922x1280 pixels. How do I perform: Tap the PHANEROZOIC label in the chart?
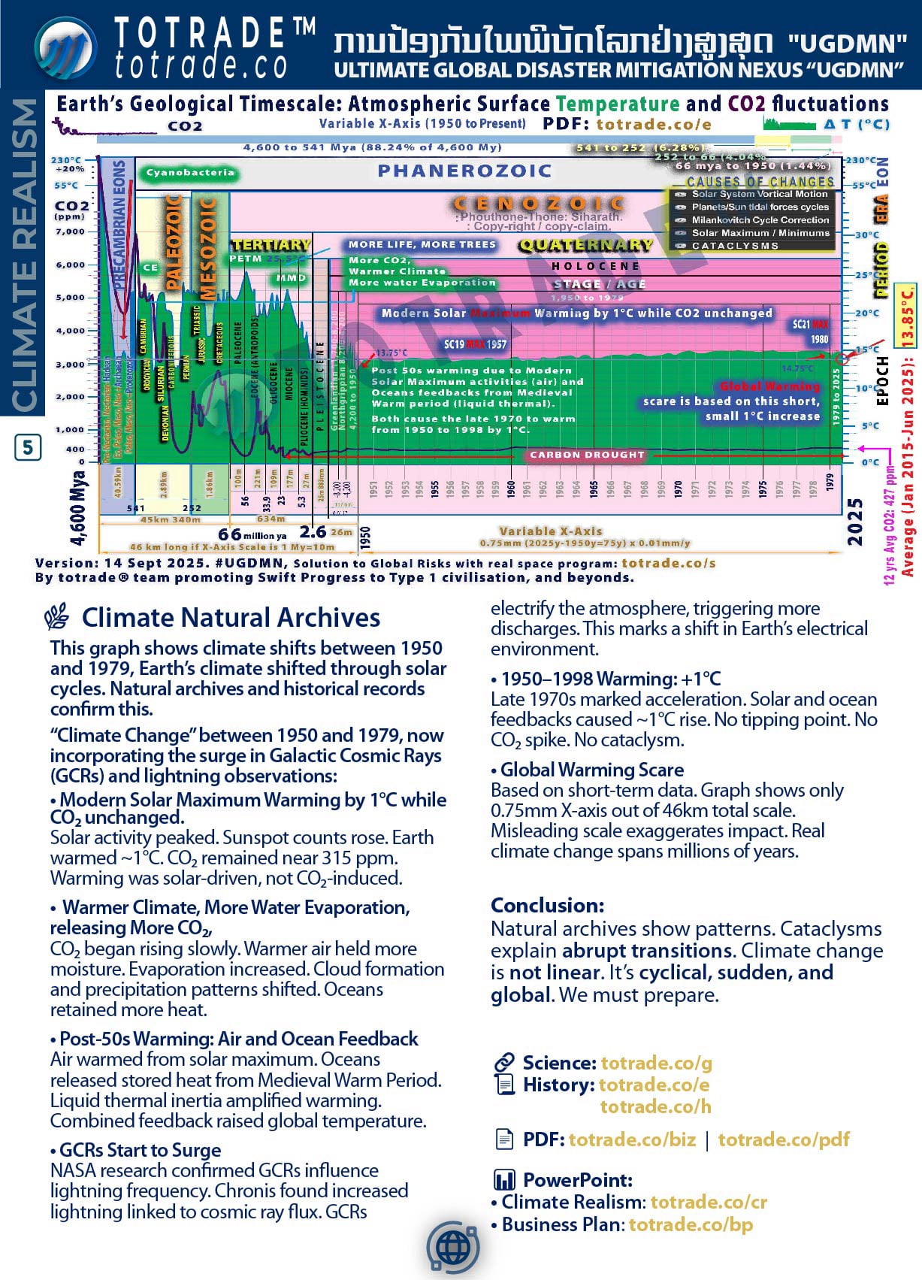pyautogui.click(x=464, y=171)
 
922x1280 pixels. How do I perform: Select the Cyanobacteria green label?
pyautogui.click(x=190, y=173)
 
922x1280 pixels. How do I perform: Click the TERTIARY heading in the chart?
pyautogui.click(x=271, y=245)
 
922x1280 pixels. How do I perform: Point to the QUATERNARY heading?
pyautogui.click(x=585, y=245)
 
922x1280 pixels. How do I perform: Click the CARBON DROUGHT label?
pyautogui.click(x=587, y=455)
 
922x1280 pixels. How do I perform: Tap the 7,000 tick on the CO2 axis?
pyautogui.click(x=70, y=231)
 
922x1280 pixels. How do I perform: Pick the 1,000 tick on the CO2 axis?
pyautogui.click(x=70, y=430)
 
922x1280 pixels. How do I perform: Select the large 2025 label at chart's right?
pyautogui.click(x=854, y=521)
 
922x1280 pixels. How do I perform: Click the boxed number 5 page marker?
pyautogui.click(x=28, y=448)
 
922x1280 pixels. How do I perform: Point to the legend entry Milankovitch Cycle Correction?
pyautogui.click(x=760, y=220)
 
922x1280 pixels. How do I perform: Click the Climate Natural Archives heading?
pyautogui.click(x=231, y=618)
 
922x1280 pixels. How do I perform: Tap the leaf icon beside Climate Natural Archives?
pyautogui.click(x=57, y=617)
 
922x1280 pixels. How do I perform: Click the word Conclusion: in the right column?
pyautogui.click(x=547, y=905)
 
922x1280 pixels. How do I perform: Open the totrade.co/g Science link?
pyautogui.click(x=656, y=1063)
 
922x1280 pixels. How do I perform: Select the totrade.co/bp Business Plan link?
pyautogui.click(x=691, y=1224)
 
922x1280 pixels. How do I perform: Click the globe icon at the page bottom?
pyautogui.click(x=453, y=1248)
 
